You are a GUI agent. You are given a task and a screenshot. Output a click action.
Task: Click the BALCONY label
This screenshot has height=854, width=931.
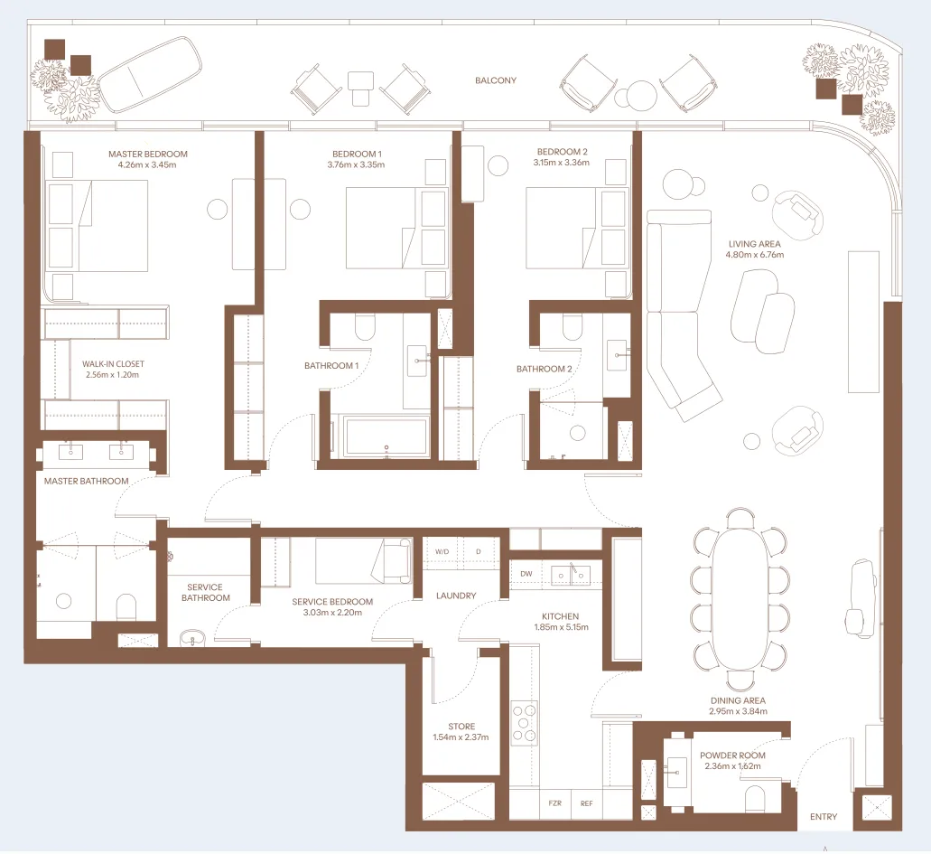click(496, 80)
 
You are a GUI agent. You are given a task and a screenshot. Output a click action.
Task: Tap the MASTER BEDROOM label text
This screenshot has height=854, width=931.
click(148, 154)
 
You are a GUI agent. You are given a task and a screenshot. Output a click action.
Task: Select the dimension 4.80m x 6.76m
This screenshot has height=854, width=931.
click(754, 255)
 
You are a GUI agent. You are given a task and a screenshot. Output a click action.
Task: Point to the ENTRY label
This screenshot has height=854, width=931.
click(823, 817)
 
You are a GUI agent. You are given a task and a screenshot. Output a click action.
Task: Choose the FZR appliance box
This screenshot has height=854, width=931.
click(554, 802)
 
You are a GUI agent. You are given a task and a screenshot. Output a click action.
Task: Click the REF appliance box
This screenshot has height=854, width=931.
click(586, 802)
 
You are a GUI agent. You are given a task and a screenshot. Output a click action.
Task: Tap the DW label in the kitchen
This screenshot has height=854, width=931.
click(526, 574)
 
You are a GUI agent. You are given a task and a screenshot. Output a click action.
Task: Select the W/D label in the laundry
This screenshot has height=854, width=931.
click(442, 551)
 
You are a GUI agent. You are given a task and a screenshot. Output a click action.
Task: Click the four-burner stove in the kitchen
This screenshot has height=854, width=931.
click(524, 722)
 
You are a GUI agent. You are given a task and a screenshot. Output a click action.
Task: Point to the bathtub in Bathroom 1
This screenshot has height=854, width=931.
click(386, 437)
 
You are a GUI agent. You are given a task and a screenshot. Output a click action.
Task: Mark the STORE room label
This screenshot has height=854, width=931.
click(461, 727)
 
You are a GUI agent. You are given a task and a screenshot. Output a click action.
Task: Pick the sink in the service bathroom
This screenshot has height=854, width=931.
click(194, 638)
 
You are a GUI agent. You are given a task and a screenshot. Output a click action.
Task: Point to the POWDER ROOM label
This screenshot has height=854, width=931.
click(732, 755)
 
